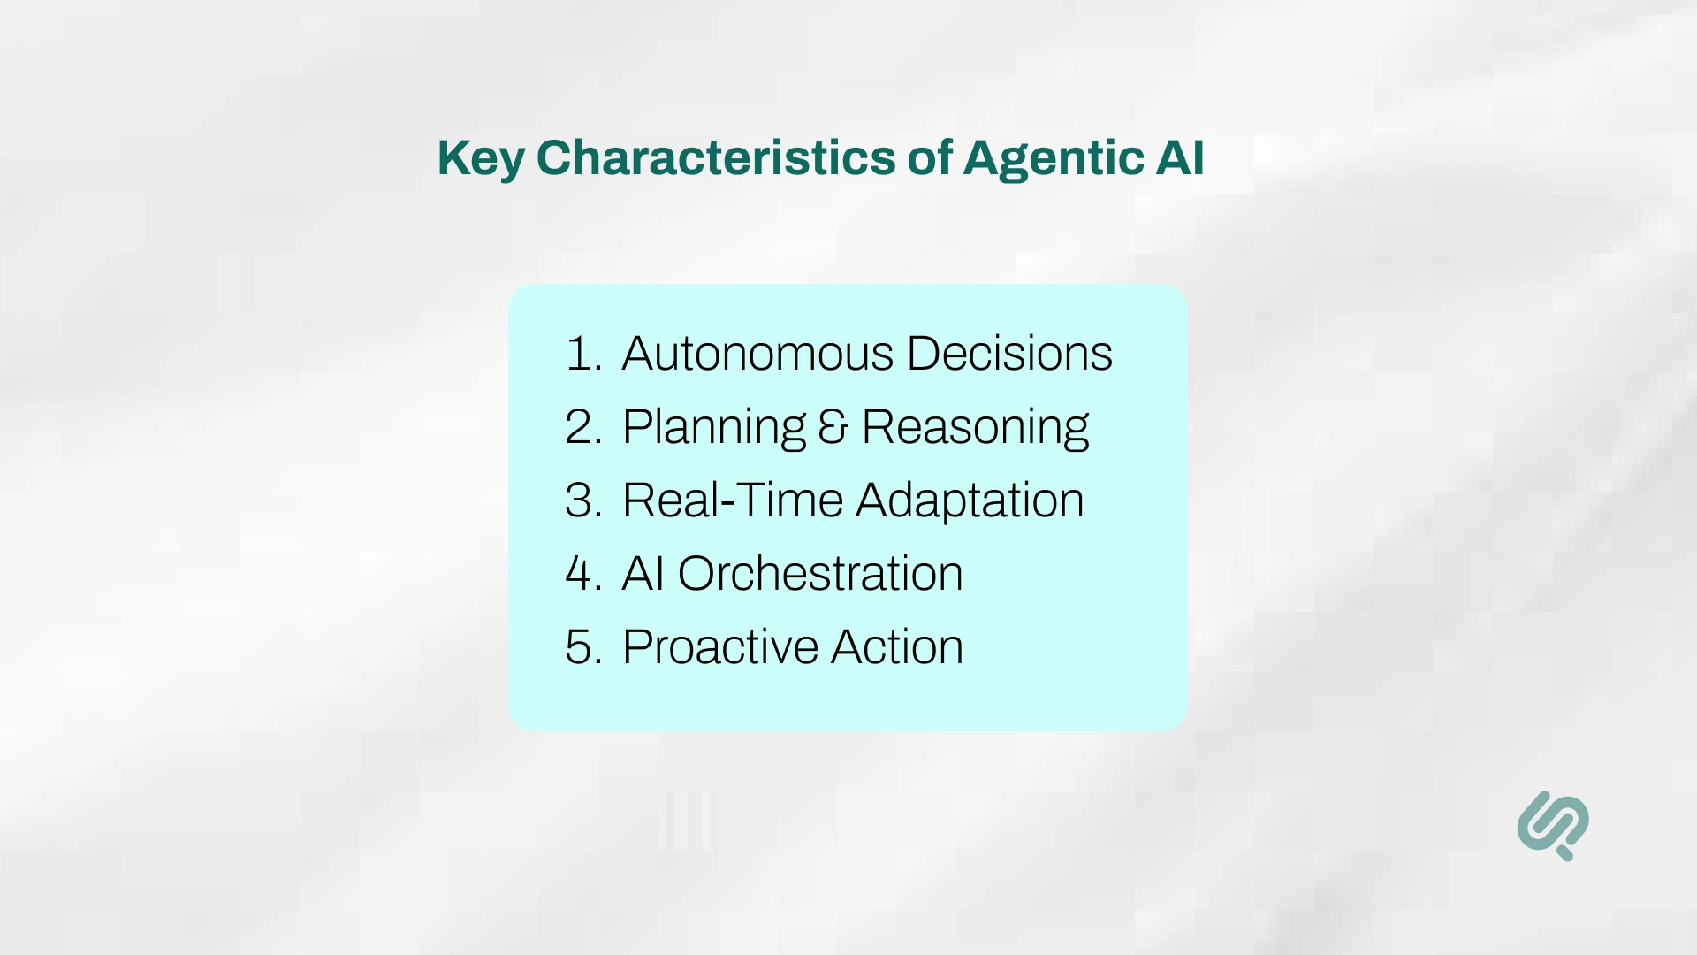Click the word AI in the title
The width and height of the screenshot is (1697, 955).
click(1179, 157)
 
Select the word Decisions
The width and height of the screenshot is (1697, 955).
click(1008, 354)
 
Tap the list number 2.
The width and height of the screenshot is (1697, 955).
click(582, 427)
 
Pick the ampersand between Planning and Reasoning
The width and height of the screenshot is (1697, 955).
click(833, 427)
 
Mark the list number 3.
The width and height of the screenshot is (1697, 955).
click(582, 500)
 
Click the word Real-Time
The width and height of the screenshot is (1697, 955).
click(733, 500)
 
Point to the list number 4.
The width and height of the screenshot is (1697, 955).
click(582, 574)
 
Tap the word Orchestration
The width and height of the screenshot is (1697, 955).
click(819, 574)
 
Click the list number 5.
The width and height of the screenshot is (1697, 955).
click(582, 647)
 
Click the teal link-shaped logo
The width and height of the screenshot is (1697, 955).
click(1553, 825)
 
